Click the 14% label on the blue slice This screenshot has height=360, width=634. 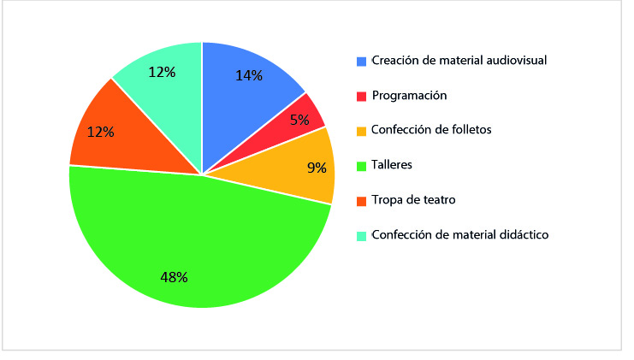pos(248,74)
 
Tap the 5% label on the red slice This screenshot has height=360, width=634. pos(299,120)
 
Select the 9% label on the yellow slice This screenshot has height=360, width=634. pos(317,168)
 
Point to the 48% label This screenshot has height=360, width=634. pos(174,276)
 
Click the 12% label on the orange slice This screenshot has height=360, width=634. pos(100,133)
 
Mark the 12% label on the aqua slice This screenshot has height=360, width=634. pos(162,73)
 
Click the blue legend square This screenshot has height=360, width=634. pos(362,61)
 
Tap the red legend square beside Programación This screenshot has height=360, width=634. pos(362,96)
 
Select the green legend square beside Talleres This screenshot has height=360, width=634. pos(362,166)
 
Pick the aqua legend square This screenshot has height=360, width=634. pos(362,235)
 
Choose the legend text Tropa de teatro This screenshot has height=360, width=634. pos(412,200)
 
